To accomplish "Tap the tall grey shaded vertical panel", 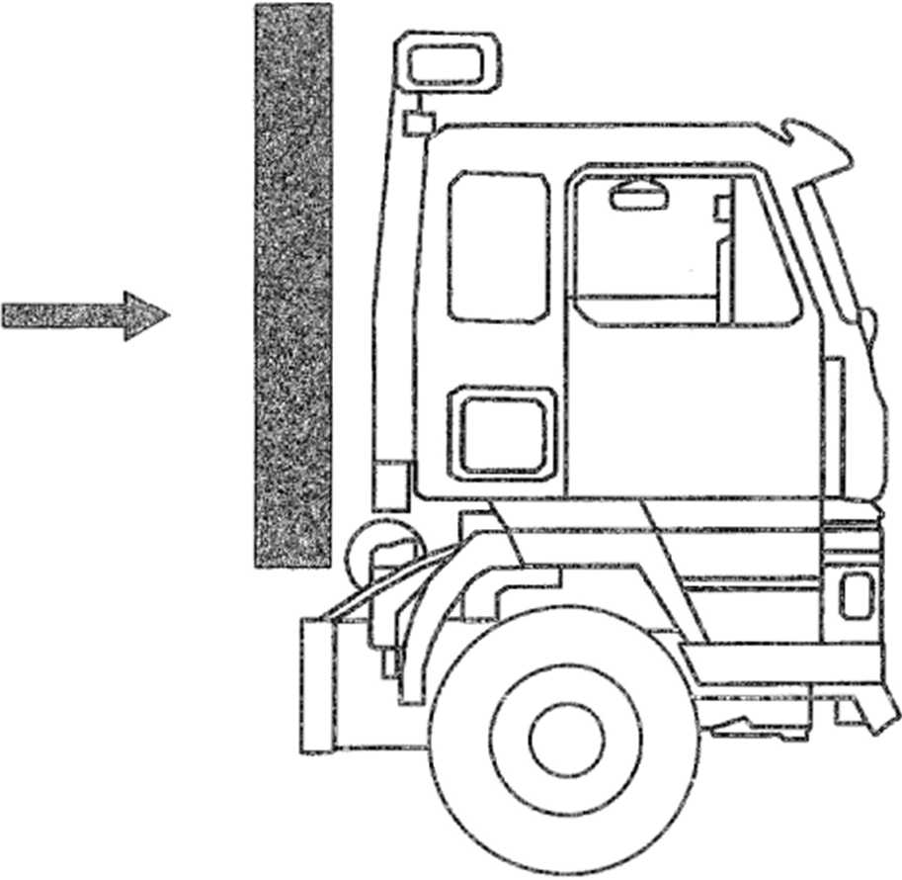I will [292, 287].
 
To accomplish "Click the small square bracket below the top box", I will [419, 123].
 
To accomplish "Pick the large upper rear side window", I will [498, 246].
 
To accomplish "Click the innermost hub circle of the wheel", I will [566, 742].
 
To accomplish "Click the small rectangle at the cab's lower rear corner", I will [391, 485].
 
